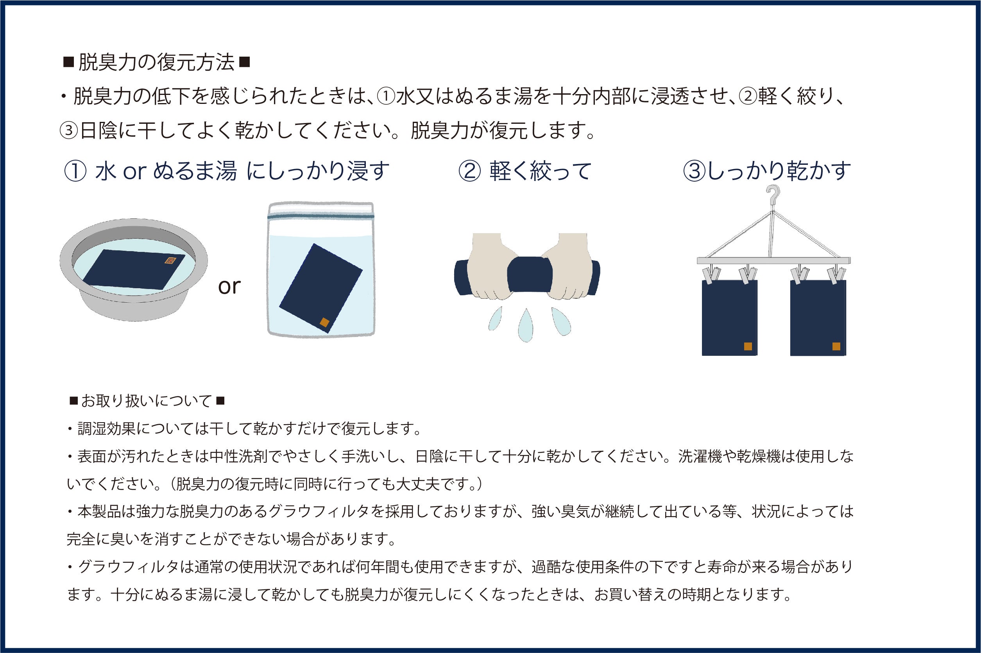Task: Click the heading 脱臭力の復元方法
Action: (156, 62)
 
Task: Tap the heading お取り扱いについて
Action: (147, 401)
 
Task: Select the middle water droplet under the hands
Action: (526, 325)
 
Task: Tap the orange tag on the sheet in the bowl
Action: (169, 261)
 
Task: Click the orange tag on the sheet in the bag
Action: (324, 322)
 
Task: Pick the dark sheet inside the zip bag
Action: (320, 289)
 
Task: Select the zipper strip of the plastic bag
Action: (320, 216)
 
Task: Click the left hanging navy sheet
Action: (729, 318)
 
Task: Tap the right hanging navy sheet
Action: (818, 318)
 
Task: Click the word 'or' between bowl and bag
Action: (229, 287)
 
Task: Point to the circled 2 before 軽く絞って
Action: (470, 171)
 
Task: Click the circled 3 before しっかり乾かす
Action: (695, 171)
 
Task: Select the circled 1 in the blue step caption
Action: (75, 171)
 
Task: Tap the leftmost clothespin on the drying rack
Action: (711, 275)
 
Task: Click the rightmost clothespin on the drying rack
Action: (836, 275)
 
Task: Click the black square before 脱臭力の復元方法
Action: (68, 62)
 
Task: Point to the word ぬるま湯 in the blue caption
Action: (195, 171)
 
